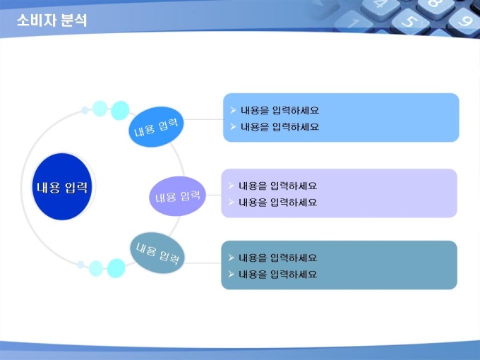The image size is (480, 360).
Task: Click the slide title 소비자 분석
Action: click(x=52, y=20)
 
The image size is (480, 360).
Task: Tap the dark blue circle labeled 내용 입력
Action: click(x=62, y=186)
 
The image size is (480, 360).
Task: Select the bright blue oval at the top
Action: click(x=156, y=127)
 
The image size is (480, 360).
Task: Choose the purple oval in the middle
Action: click(x=177, y=196)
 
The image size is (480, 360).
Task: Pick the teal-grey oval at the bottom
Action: click(x=157, y=253)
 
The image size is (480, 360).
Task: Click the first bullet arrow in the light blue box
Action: click(x=233, y=110)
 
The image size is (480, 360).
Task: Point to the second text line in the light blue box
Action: click(x=280, y=127)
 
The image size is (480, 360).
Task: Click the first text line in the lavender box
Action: click(x=277, y=186)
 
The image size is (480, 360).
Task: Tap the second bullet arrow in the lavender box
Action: click(x=231, y=202)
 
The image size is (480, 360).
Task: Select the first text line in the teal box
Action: click(x=277, y=258)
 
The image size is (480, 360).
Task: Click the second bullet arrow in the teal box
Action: click(x=231, y=274)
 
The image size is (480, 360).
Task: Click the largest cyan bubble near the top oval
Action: click(x=120, y=111)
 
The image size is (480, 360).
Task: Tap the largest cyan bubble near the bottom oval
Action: click(x=116, y=268)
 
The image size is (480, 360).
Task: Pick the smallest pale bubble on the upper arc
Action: click(x=85, y=110)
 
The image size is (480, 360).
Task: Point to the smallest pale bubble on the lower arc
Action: click(x=80, y=265)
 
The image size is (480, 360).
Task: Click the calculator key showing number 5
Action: click(x=410, y=21)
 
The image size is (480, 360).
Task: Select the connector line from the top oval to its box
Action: click(x=203, y=119)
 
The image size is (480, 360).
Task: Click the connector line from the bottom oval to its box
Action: click(x=203, y=263)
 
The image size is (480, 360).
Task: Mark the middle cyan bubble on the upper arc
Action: click(x=100, y=109)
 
